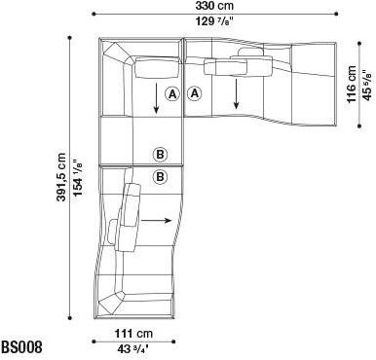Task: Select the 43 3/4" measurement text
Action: click(137, 349)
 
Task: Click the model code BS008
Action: click(20, 347)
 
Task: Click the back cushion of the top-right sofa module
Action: click(239, 66)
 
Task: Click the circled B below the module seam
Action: click(160, 176)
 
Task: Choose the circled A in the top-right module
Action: click(194, 94)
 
